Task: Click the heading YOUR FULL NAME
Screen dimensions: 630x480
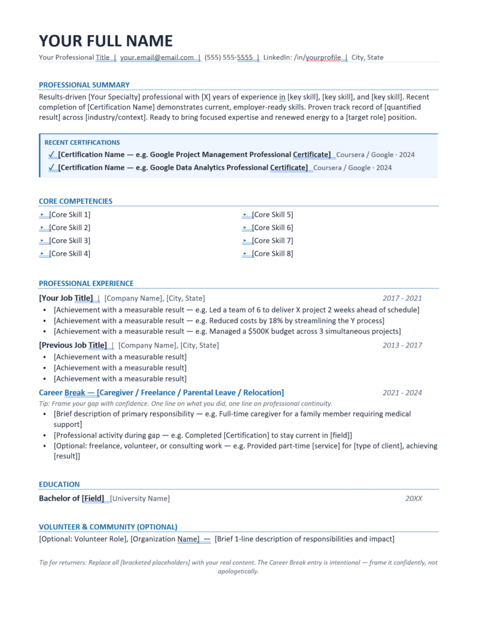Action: [x=106, y=41]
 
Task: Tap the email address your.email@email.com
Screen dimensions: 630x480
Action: [x=157, y=57]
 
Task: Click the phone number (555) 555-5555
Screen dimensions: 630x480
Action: [x=229, y=57]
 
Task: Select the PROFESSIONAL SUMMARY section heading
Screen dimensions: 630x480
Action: [x=84, y=85]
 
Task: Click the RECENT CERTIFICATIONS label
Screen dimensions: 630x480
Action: [x=82, y=142]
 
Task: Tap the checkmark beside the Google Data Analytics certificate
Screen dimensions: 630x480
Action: [x=52, y=167]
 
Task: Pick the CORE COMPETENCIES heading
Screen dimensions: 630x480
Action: [x=76, y=201]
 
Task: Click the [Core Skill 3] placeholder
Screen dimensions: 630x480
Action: [x=69, y=241]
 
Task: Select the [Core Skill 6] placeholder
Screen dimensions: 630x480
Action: [x=272, y=228]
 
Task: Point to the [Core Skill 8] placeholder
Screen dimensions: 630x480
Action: [x=272, y=253]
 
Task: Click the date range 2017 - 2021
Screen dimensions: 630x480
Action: [x=402, y=298]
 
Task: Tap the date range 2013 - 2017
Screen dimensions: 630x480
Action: [x=402, y=345]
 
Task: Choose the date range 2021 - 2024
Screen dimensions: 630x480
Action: [x=402, y=393]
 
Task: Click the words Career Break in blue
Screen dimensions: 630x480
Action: [x=62, y=393]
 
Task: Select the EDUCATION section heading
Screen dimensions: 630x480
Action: [x=59, y=484]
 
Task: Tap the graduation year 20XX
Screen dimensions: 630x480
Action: [x=413, y=498]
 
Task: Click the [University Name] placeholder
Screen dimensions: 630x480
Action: [x=140, y=498]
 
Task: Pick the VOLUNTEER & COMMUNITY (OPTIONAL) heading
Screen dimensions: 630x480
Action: [x=108, y=527]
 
